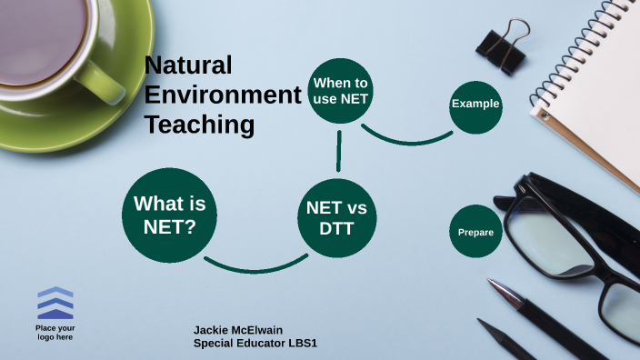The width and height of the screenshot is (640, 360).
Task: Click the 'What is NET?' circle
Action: tap(169, 215)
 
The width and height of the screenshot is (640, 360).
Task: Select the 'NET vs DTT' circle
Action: tap(336, 218)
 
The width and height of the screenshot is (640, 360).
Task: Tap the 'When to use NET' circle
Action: tap(340, 91)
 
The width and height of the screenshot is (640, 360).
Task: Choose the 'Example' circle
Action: tap(475, 105)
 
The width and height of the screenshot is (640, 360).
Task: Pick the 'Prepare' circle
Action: tap(475, 232)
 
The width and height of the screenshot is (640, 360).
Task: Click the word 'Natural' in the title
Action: tap(189, 65)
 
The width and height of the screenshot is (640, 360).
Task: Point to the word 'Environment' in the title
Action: tap(222, 95)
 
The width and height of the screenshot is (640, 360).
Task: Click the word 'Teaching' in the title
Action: tap(199, 125)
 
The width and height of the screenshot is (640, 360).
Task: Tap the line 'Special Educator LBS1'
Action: tap(255, 344)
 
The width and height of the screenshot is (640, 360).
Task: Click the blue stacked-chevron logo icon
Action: tap(55, 303)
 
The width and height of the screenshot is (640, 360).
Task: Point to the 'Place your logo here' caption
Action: tap(55, 333)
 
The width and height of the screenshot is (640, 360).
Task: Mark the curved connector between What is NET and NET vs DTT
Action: tap(255, 269)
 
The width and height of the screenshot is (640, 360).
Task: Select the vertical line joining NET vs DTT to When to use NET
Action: tap(339, 151)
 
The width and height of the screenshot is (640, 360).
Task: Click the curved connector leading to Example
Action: tap(409, 142)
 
